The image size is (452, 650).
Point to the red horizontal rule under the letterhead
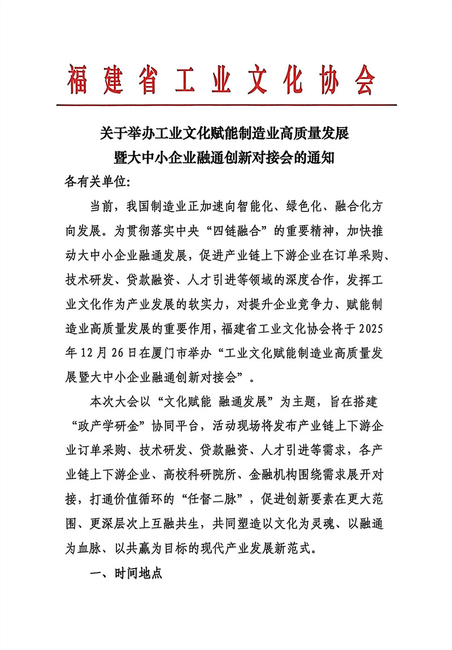(226, 105)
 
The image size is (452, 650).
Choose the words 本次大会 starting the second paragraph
(114, 402)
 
